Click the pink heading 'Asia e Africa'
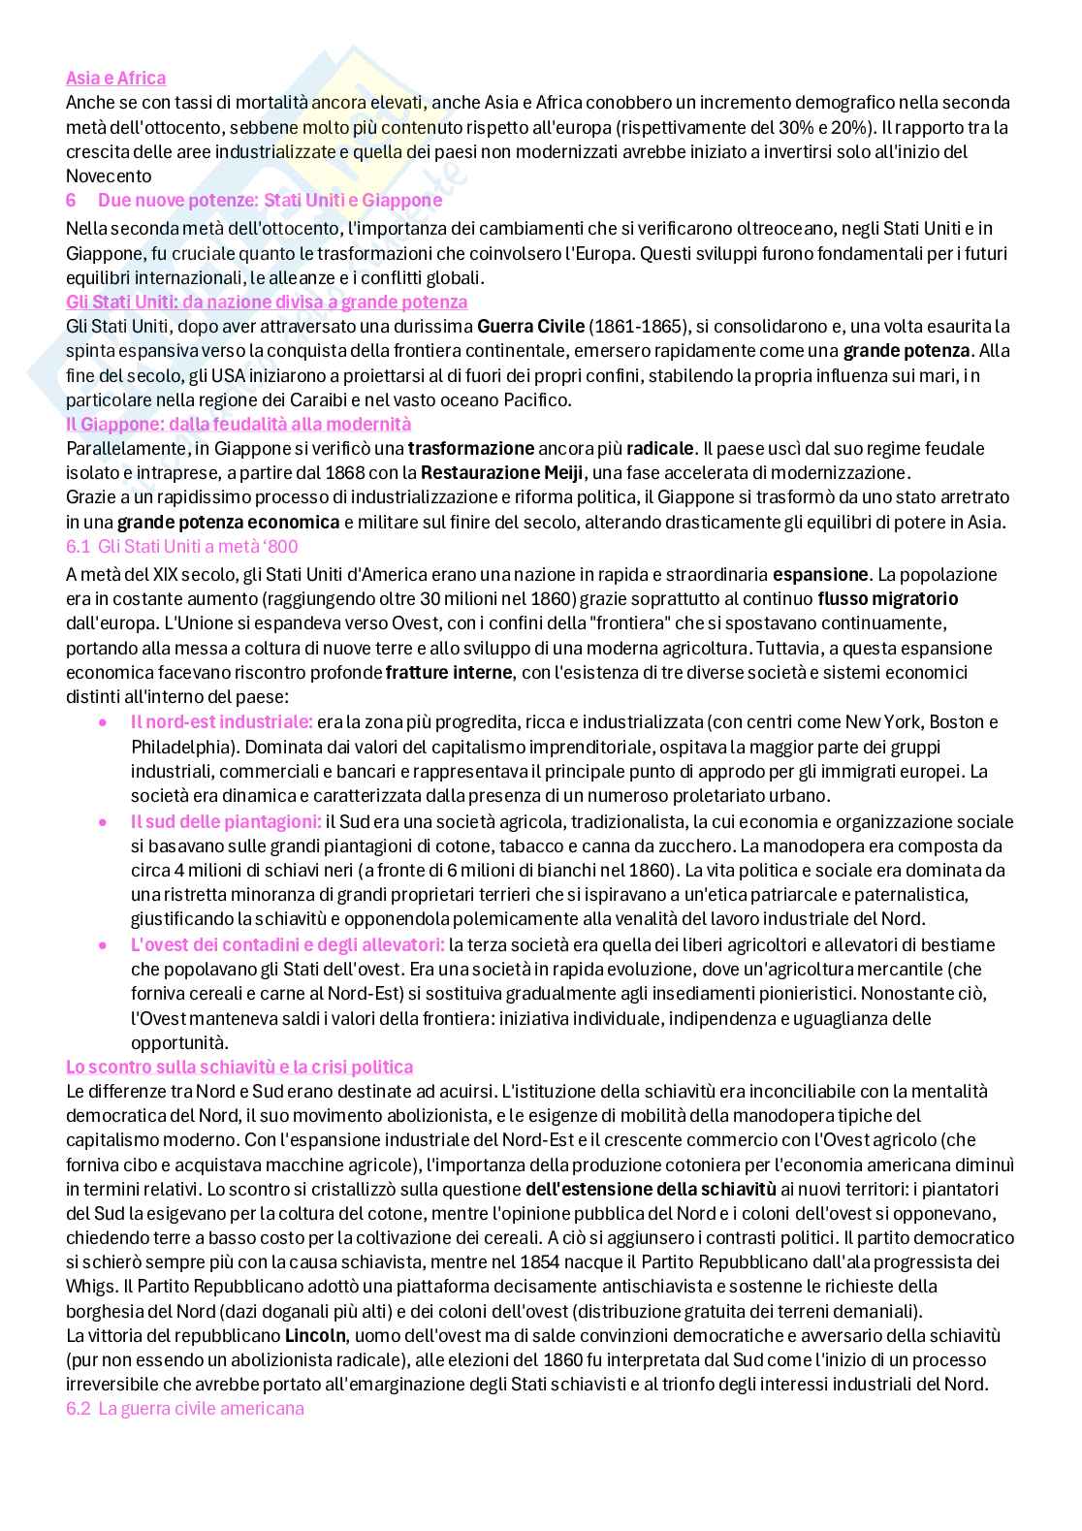tap(115, 78)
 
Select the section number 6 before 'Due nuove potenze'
tap(71, 200)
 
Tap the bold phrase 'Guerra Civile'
tap(530, 326)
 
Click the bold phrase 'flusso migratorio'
tap(887, 598)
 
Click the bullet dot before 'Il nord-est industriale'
tap(104, 722)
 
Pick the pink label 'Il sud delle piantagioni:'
tap(226, 821)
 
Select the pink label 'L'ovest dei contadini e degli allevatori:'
tap(288, 944)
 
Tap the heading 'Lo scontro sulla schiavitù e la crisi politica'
tap(239, 1067)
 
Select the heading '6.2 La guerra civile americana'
tap(184, 1408)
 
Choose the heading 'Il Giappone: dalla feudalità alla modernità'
tap(239, 424)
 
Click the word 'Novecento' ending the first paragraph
tap(109, 175)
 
